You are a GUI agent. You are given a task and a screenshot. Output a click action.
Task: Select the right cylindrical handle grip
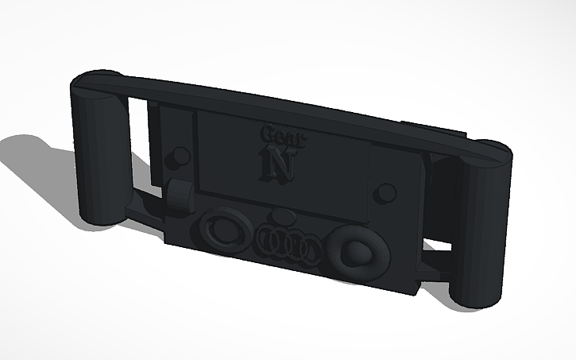coord(483,223)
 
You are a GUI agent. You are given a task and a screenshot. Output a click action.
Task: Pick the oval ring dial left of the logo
coord(223,230)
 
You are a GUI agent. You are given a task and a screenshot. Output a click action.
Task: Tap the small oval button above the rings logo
coord(284,218)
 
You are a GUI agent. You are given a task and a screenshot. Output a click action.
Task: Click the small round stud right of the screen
coord(386,192)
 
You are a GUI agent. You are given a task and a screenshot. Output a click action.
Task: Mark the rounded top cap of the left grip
coord(98,79)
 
